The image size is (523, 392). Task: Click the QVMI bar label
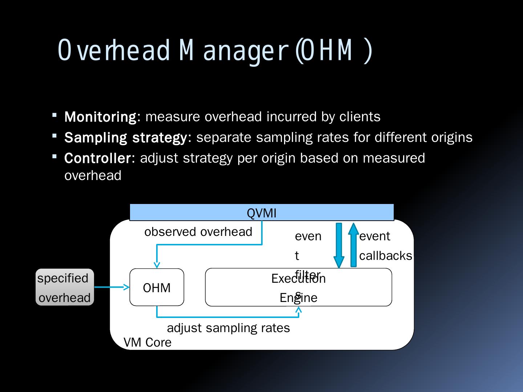261,213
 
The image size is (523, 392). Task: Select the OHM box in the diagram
157,287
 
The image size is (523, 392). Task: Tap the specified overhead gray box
65,287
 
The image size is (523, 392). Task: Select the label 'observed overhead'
198,232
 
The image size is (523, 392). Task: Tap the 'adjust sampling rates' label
228,328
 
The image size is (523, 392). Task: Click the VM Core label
147,342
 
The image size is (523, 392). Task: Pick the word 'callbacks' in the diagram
386,256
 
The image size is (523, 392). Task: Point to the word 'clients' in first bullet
360,117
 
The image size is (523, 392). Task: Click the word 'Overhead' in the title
114,50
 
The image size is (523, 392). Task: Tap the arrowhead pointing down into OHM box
157,265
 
